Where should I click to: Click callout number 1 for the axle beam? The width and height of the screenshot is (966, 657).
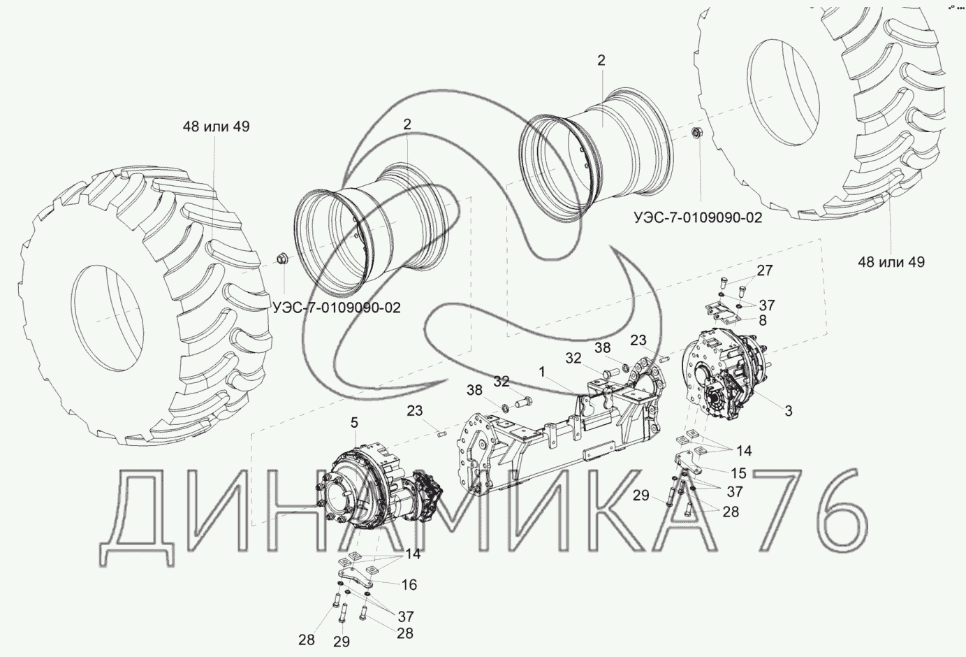(x=542, y=372)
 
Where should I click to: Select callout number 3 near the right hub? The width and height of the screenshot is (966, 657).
(x=789, y=410)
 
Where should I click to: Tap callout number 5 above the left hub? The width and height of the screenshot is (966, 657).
(x=354, y=423)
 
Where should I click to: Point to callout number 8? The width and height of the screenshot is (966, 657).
(x=763, y=320)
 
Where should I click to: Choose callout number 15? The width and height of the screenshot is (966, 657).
(x=739, y=473)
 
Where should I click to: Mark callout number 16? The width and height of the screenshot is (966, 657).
(x=409, y=584)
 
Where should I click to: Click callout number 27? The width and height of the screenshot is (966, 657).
(x=765, y=270)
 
